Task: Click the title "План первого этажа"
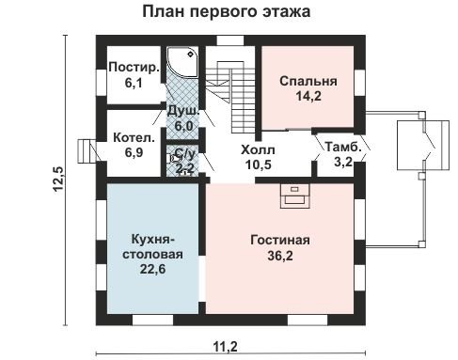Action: coord(227,12)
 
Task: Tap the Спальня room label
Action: coord(308,81)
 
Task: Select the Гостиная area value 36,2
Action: coord(280,256)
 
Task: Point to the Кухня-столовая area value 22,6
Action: coord(152,269)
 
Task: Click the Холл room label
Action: coord(258,150)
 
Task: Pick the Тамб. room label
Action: coord(343,147)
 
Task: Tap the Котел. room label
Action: coord(134,138)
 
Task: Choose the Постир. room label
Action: coord(134,68)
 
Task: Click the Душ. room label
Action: coord(183,111)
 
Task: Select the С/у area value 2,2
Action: coord(185,168)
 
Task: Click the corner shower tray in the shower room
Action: coord(182,62)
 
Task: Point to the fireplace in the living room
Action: coord(294,196)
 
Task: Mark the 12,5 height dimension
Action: coord(58,179)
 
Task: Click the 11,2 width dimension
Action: coord(226,347)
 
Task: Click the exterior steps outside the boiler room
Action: coord(87,151)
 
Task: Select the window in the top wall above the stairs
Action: coord(230,40)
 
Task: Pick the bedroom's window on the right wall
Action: coord(360,83)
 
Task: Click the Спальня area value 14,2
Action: coord(308,96)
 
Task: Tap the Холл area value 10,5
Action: coord(258,164)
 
